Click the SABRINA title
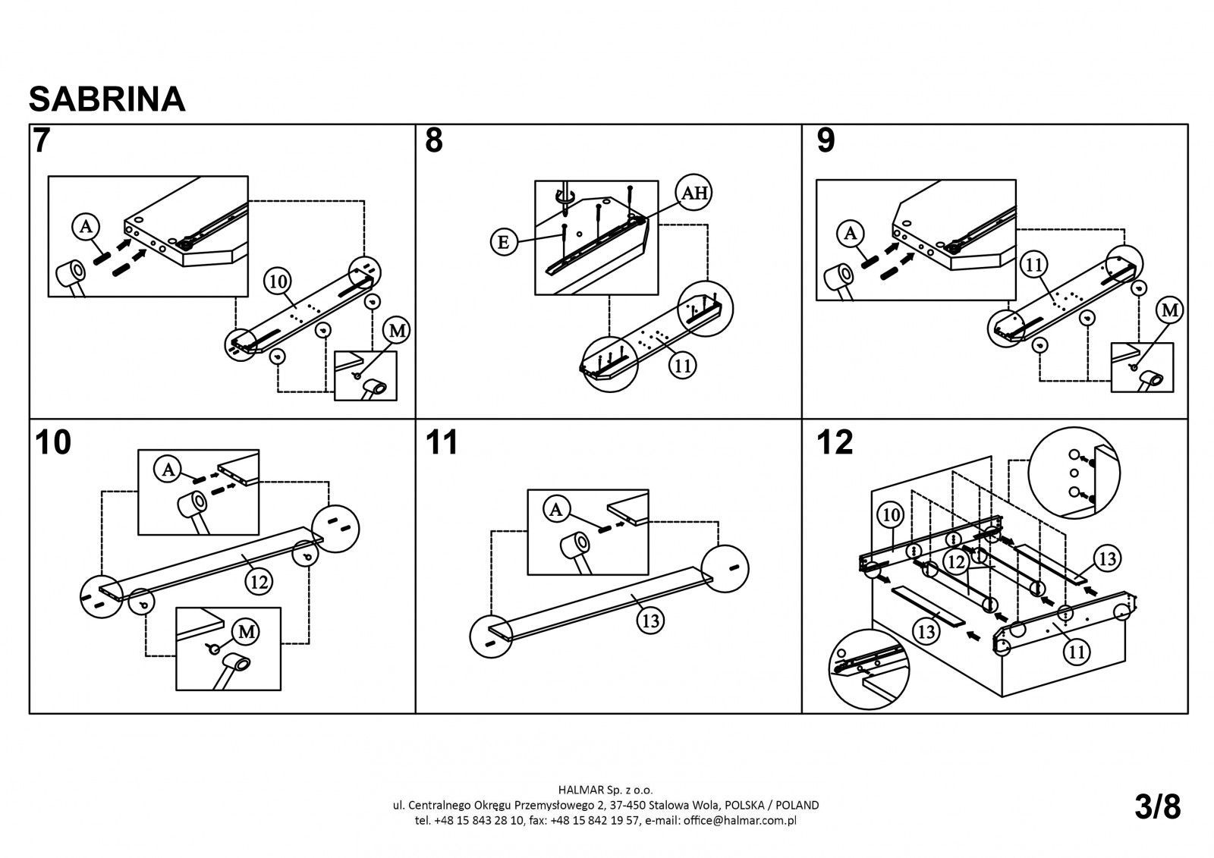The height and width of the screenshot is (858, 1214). tap(107, 99)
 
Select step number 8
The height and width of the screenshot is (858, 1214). tap(433, 142)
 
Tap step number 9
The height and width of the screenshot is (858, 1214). tap(826, 142)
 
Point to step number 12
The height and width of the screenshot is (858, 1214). tap(835, 443)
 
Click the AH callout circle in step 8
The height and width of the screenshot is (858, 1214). tap(693, 193)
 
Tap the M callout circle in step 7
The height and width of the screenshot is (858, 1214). tap(397, 330)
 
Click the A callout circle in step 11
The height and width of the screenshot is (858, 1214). tap(557, 511)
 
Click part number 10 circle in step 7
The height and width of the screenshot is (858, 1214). tap(278, 281)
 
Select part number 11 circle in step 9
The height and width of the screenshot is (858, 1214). tap(1033, 265)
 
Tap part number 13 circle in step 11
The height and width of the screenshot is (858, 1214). tap(650, 621)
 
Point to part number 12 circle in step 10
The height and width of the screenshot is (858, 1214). tap(259, 582)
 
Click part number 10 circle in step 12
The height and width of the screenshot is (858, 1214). tap(892, 515)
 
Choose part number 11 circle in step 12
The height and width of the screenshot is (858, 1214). tap(1077, 650)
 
